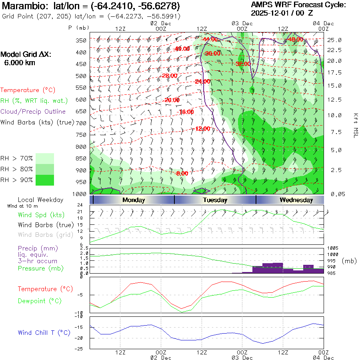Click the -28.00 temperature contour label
point(169,76)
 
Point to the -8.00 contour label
point(182,173)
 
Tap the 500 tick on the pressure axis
point(81,76)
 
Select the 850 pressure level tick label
point(81,158)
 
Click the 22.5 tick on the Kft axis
point(334,50)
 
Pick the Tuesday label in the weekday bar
point(215,200)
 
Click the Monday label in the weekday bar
point(134,200)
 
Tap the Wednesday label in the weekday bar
point(296,200)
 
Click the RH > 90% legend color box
point(45,180)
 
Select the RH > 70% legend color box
point(45,158)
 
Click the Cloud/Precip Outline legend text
point(33,112)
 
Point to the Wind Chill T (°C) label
point(44,332)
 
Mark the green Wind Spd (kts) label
point(41,215)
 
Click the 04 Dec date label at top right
point(323,23)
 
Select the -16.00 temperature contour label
point(186,112)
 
